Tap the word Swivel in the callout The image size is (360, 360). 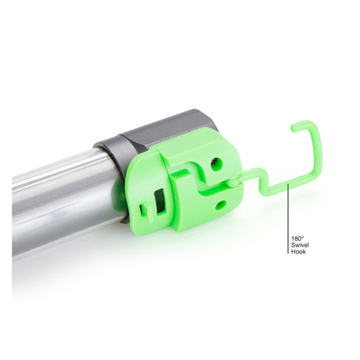pyautogui.click(x=300, y=245)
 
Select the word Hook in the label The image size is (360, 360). pyautogui.click(x=298, y=252)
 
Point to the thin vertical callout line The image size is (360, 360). pyautogui.click(x=288, y=218)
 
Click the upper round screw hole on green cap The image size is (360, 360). pyautogui.click(x=217, y=164)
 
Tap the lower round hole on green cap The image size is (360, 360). pyautogui.click(x=221, y=205)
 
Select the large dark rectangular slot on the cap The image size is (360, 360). pyautogui.click(x=160, y=201)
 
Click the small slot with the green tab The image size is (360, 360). pyautogui.click(x=146, y=211)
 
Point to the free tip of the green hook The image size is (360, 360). pyautogui.click(x=293, y=128)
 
